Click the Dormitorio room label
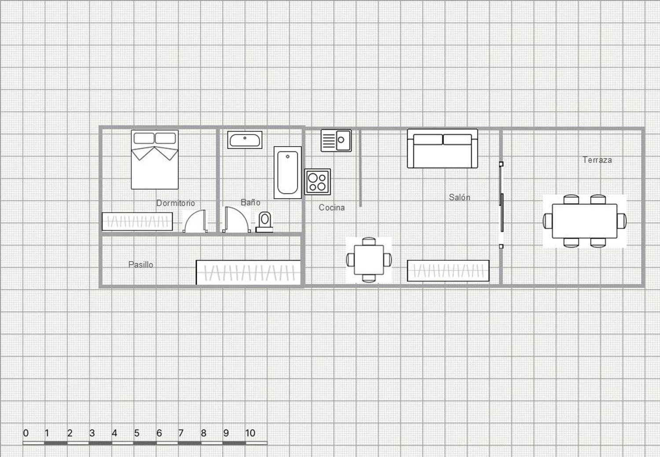click(x=175, y=203)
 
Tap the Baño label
click(x=250, y=203)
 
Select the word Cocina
click(x=331, y=207)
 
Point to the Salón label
click(x=459, y=197)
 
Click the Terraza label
click(x=597, y=160)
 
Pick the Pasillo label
click(x=140, y=265)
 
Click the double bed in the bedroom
click(x=154, y=160)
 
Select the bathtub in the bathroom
click(x=288, y=173)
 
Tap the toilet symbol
click(x=264, y=221)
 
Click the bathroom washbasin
click(x=245, y=140)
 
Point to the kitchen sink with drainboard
click(x=336, y=140)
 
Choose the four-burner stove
click(x=317, y=182)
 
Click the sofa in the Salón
click(x=442, y=149)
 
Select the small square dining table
click(x=369, y=260)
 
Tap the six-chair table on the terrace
click(x=584, y=221)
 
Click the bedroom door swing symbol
click(x=195, y=221)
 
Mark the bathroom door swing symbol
click(x=236, y=220)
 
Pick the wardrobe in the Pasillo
click(x=248, y=272)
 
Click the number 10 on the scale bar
click(x=250, y=433)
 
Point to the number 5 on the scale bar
click(x=136, y=433)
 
